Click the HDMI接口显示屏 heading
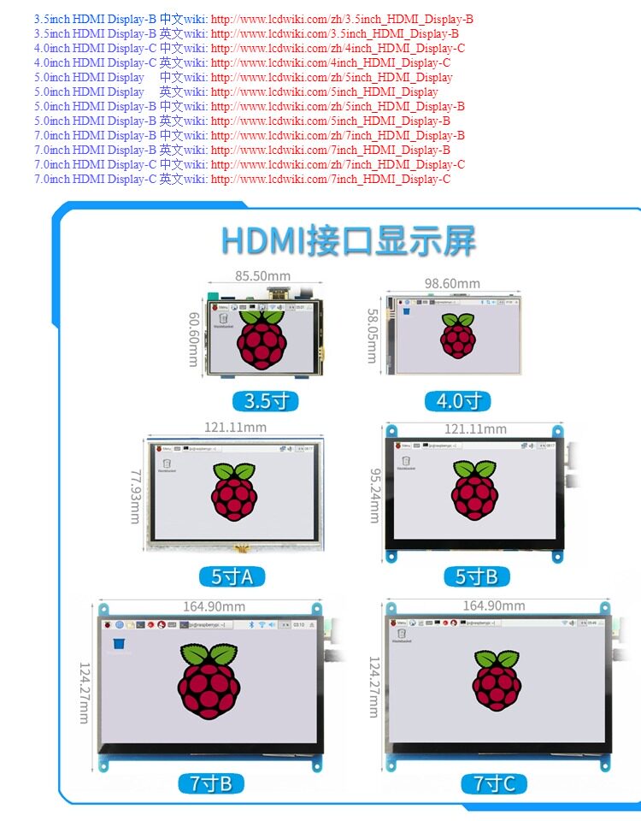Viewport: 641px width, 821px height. click(348, 241)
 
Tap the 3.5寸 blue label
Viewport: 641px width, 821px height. click(267, 401)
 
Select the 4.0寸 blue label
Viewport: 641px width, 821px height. click(458, 401)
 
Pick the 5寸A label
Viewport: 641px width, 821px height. click(232, 576)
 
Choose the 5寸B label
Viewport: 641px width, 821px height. click(476, 576)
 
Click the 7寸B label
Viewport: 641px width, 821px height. click(210, 783)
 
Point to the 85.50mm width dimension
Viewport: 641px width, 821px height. click(262, 276)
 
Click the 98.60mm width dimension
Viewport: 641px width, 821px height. click(452, 283)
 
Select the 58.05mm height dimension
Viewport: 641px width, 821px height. click(373, 336)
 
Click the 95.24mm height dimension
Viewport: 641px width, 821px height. click(374, 494)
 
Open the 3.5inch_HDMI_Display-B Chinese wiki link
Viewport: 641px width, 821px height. click(342, 19)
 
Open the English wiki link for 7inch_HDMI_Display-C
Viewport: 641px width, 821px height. click(330, 179)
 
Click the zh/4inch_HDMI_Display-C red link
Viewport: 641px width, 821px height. click(338, 48)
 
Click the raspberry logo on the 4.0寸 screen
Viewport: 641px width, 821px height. click(458, 335)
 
